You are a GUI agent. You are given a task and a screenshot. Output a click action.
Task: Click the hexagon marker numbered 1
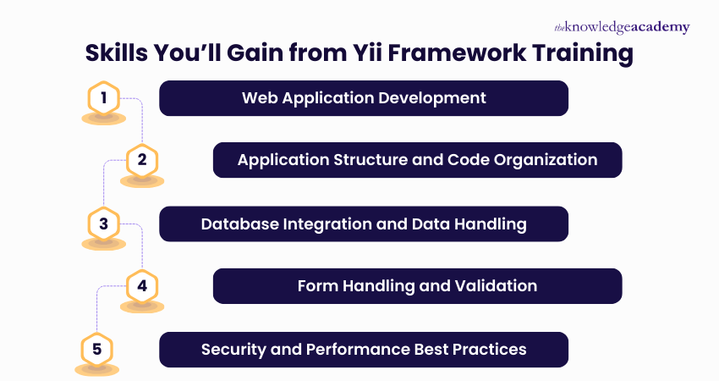click(103, 98)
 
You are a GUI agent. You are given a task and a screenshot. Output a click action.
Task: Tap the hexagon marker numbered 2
click(142, 160)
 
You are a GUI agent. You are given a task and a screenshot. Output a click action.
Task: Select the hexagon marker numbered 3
click(103, 224)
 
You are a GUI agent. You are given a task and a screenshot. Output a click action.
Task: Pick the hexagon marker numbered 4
click(142, 286)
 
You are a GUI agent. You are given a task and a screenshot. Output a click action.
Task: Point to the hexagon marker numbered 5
click(96, 349)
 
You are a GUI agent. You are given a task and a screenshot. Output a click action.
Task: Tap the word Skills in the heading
click(121, 53)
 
